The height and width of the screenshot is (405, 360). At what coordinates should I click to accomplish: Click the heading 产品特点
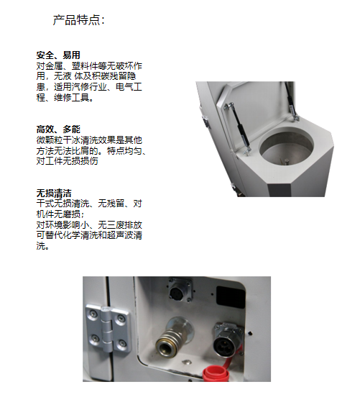79,19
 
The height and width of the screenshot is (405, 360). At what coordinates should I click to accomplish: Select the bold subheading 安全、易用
58,55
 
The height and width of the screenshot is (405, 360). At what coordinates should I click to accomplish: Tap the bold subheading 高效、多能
58,129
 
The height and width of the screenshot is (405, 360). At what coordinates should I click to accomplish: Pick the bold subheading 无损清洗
54,193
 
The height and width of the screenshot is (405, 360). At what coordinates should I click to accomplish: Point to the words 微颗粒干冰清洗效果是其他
89,139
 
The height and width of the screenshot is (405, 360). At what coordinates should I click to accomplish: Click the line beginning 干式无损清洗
89,204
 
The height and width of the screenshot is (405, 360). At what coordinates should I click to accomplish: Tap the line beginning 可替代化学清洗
89,235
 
